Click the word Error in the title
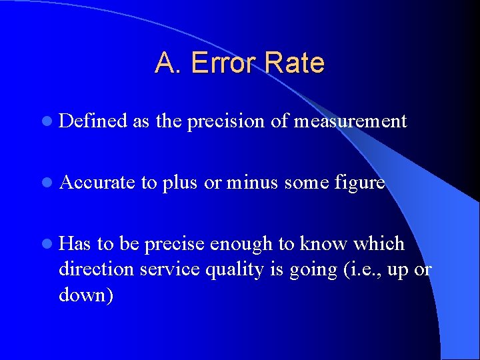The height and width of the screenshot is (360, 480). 223,63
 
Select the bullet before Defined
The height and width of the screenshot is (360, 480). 45,121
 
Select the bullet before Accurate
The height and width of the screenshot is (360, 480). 45,183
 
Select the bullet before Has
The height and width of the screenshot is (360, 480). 45,244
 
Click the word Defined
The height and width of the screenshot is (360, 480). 93,121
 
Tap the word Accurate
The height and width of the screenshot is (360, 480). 97,183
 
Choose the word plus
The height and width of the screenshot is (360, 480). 179,183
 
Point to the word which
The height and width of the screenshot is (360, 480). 379,244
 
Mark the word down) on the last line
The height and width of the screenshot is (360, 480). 86,295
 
